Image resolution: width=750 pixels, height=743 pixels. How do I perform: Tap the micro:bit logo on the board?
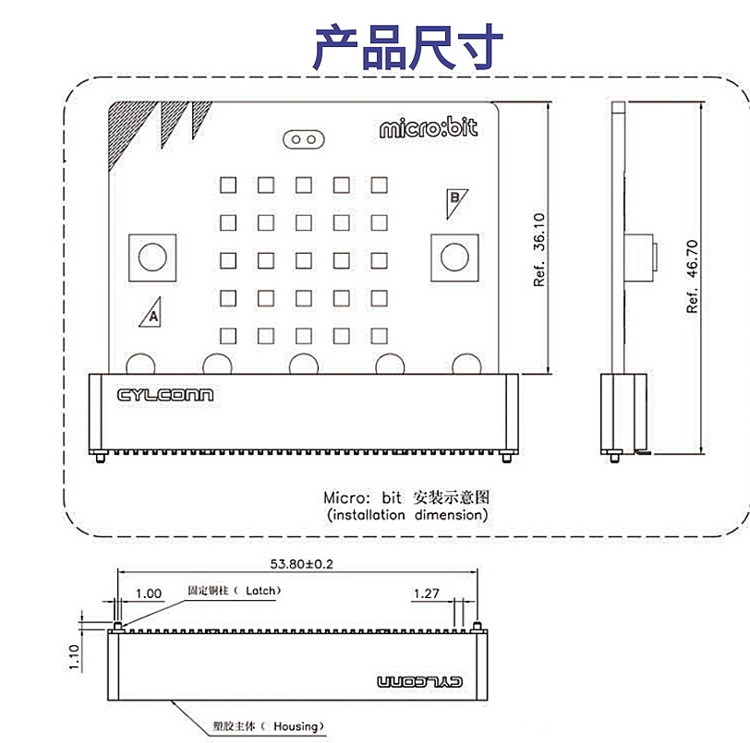[429, 128]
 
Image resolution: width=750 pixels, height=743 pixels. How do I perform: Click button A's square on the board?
[151, 256]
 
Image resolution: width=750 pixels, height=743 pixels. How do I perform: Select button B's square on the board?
[454, 256]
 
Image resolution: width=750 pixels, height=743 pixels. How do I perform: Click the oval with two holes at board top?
[304, 139]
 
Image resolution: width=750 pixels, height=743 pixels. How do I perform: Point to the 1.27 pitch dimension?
[426, 593]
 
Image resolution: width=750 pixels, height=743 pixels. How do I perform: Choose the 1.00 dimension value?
[148, 593]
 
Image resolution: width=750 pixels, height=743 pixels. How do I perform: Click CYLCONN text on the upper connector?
[165, 395]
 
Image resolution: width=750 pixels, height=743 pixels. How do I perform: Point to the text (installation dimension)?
[406, 515]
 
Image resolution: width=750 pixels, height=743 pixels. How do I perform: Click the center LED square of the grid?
[304, 259]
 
